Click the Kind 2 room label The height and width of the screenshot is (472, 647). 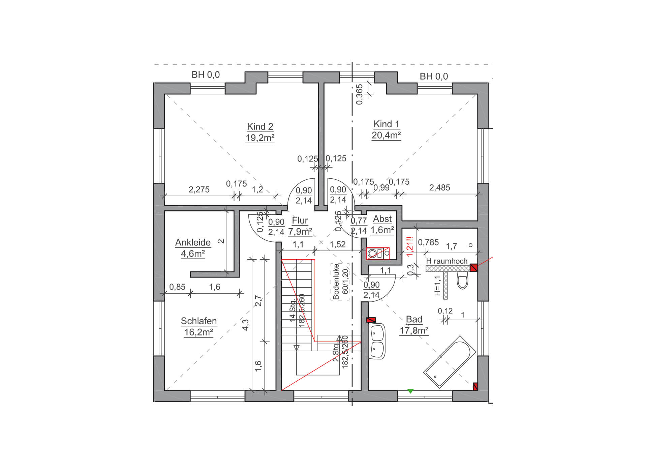(260, 126)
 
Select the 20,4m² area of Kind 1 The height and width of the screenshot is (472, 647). (386, 135)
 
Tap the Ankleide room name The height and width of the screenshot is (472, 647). (193, 242)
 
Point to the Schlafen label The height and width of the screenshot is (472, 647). (199, 321)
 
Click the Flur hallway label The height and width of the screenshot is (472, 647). (300, 220)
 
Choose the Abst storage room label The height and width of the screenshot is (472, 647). (382, 219)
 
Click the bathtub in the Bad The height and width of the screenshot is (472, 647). (450, 362)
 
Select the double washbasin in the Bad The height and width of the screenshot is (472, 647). (377, 342)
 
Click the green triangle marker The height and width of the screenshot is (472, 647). (410, 391)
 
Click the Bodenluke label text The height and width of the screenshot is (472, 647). (336, 282)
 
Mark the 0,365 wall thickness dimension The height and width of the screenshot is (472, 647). (360, 94)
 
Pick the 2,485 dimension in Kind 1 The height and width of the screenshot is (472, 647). (439, 187)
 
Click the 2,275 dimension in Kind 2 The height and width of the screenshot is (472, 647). (199, 189)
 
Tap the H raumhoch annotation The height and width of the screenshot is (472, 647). (447, 261)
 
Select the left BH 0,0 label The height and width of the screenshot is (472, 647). (206, 75)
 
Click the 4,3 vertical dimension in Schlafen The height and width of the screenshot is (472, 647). (245, 325)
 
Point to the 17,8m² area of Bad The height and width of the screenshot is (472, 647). (414, 330)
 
